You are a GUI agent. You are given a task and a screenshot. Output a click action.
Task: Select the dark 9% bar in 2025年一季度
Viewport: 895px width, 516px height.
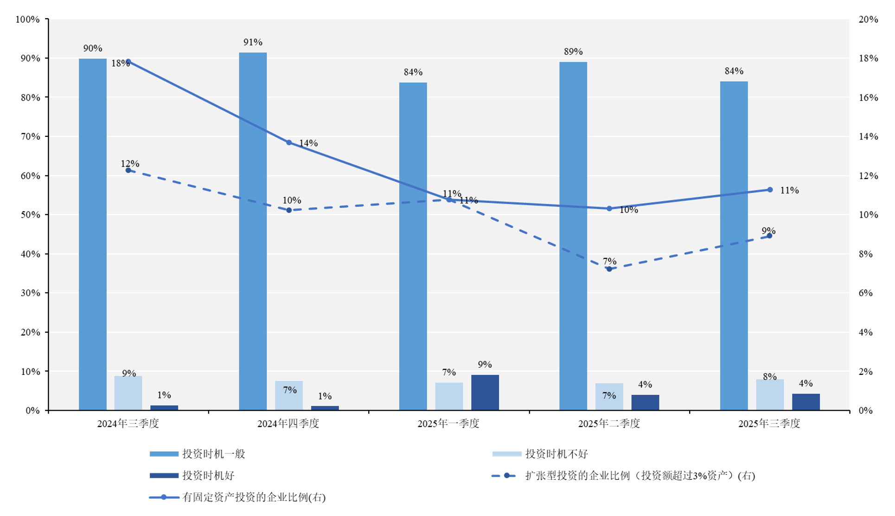[x=485, y=393]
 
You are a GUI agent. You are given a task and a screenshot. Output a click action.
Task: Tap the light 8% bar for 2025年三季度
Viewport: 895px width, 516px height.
[x=769, y=395]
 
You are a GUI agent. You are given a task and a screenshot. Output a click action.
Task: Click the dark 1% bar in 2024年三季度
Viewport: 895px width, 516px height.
[x=164, y=408]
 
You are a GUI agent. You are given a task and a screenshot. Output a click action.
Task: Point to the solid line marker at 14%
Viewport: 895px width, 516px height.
[x=289, y=142]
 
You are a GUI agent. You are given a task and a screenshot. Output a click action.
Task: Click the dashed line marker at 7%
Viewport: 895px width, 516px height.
[x=609, y=269]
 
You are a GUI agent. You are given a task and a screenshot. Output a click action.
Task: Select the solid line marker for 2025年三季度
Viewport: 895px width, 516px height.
[x=770, y=190]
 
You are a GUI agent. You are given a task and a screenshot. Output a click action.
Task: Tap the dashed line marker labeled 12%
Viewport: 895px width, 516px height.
[x=128, y=170]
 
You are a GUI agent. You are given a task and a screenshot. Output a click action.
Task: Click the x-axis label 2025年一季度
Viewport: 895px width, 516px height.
[x=448, y=424]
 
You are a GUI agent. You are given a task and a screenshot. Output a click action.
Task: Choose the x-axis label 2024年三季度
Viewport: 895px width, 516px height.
[x=128, y=424]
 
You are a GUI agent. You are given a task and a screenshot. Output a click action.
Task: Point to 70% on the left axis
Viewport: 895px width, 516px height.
[x=28, y=136]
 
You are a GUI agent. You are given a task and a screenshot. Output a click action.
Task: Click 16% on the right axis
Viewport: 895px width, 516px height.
[x=868, y=97]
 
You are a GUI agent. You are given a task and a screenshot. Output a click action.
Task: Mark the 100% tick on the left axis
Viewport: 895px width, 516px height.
[x=27, y=19]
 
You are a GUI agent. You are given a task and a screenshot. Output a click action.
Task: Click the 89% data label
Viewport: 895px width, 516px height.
[x=573, y=52]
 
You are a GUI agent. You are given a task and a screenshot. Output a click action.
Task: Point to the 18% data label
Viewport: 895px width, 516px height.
[x=120, y=64]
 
